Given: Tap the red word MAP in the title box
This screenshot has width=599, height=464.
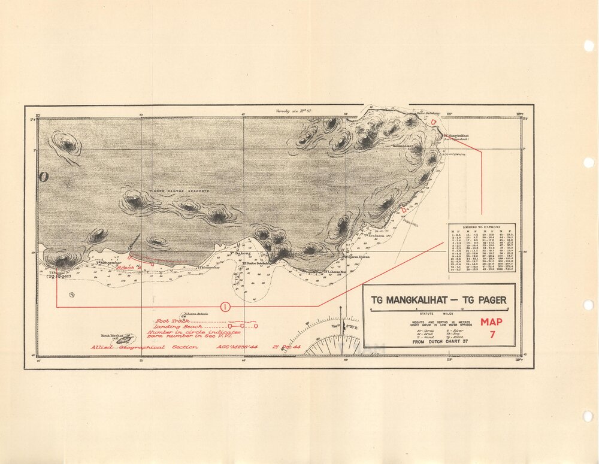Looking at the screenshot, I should [492, 322].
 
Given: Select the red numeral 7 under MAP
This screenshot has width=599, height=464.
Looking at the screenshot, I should [492, 335].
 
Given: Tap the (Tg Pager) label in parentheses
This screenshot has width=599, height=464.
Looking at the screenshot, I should [59, 276].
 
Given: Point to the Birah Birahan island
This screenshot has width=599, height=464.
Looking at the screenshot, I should [125, 339].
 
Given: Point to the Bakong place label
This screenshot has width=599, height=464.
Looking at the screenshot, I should [241, 254].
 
